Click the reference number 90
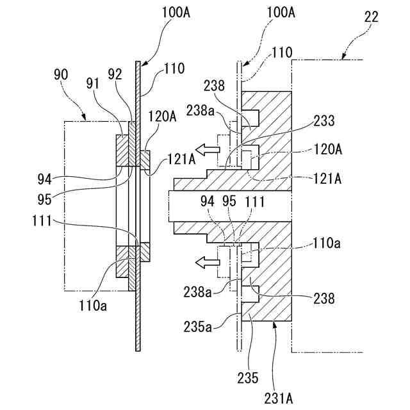61,74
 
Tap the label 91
93,84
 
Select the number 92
115,74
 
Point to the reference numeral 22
372,17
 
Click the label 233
324,121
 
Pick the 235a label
197,327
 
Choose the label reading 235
248,377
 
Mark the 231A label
279,398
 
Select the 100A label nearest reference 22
281,13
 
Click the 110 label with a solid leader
174,69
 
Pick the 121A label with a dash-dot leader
327,179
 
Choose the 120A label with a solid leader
162,117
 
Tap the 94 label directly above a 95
44,179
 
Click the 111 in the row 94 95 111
255,202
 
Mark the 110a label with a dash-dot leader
327,243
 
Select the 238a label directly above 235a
197,292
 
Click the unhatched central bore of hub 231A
230,206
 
